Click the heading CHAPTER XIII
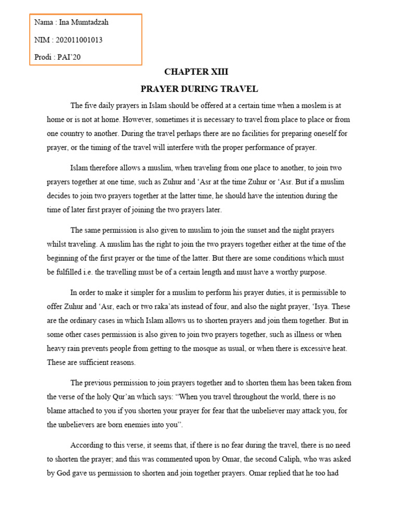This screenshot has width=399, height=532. point(196,72)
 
